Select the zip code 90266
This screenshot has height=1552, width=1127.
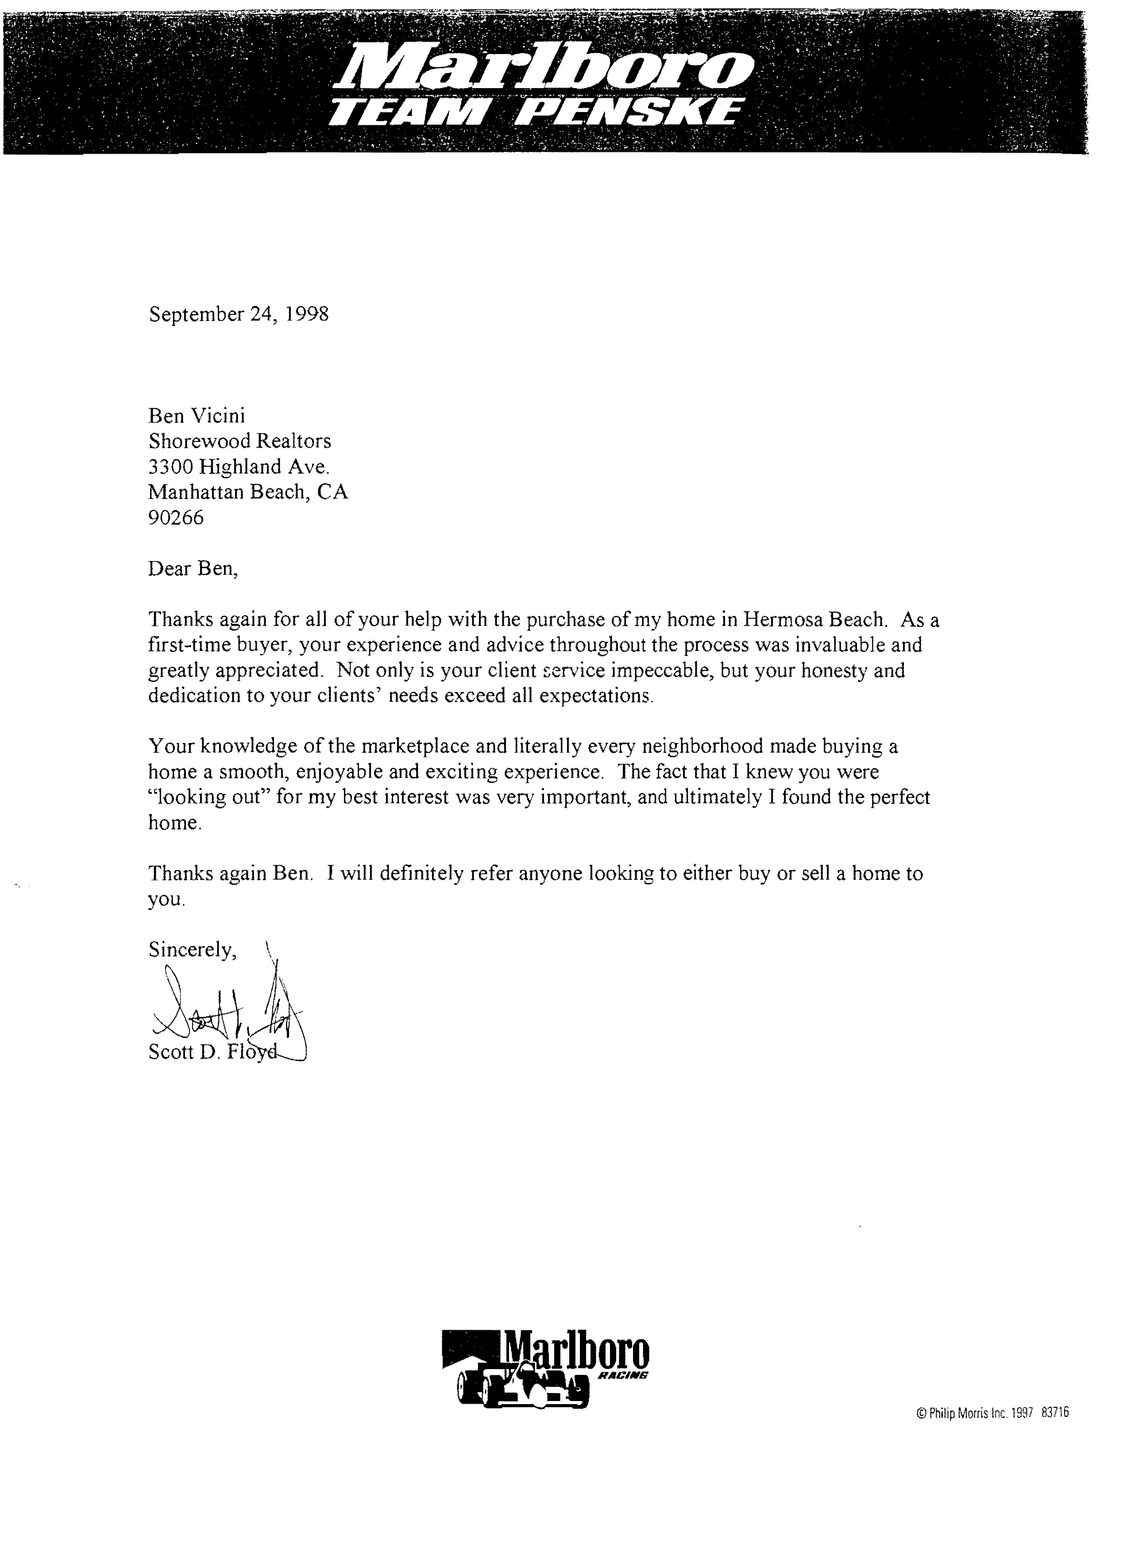[x=176, y=518]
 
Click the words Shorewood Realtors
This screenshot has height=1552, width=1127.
[x=239, y=441]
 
